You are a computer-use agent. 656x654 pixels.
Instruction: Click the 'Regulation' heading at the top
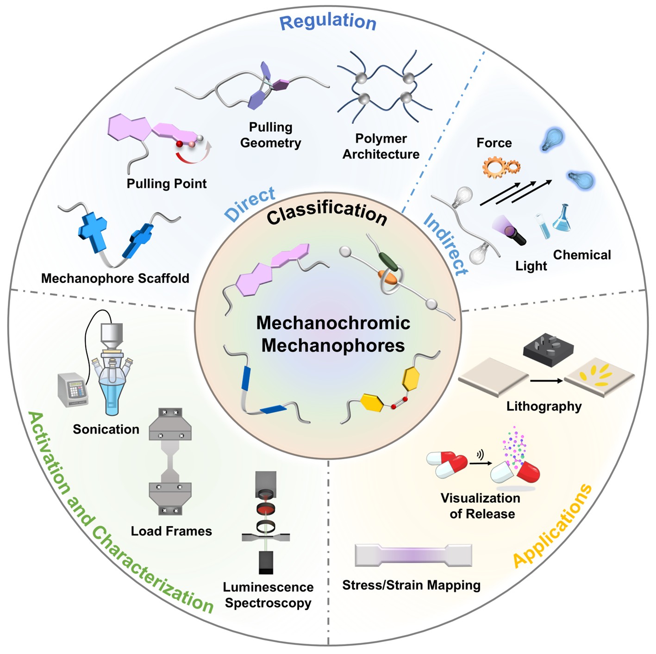328,21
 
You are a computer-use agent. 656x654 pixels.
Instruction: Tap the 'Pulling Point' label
167,184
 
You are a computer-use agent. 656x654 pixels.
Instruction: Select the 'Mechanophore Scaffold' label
115,278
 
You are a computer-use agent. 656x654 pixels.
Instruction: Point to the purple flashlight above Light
509,229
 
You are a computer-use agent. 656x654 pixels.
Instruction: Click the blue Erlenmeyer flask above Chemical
562,218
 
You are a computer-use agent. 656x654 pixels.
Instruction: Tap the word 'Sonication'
106,430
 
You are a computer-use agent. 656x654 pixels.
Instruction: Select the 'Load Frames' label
171,531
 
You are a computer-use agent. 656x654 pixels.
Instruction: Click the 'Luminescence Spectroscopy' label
268,595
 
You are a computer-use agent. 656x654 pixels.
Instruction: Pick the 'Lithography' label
544,406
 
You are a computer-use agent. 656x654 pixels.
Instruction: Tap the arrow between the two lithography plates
546,381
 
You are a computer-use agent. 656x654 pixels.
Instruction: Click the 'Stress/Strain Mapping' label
411,585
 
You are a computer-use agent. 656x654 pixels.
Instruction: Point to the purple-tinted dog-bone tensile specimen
413,555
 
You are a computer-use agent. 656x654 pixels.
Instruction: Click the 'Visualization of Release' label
481,506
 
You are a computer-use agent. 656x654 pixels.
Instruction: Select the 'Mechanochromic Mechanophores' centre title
333,334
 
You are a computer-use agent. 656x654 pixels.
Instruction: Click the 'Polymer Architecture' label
381,146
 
